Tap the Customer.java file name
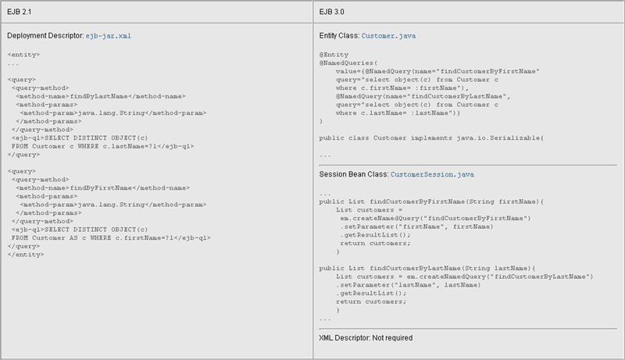389,37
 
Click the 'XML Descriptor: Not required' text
366,338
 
